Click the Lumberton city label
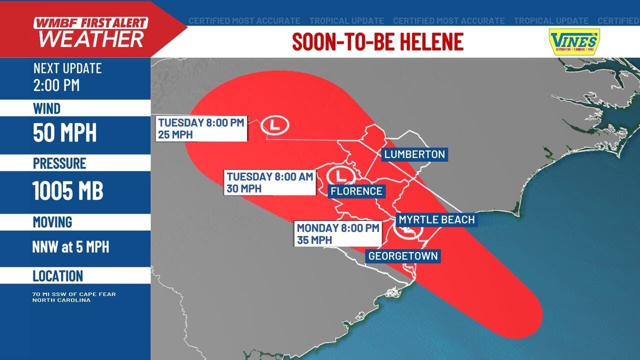click(414, 154)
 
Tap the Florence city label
click(356, 191)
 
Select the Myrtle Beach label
click(436, 219)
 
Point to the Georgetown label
click(403, 256)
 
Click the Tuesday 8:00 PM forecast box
click(201, 128)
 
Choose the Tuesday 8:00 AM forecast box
click(270, 182)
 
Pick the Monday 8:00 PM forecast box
click(338, 233)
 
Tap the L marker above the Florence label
click(341, 176)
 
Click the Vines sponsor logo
click(574, 41)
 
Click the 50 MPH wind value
click(65, 132)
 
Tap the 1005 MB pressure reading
click(68, 190)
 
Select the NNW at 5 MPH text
click(71, 246)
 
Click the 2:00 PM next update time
click(56, 85)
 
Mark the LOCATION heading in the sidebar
click(58, 276)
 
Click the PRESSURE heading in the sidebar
click(59, 163)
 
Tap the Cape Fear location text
click(74, 297)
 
